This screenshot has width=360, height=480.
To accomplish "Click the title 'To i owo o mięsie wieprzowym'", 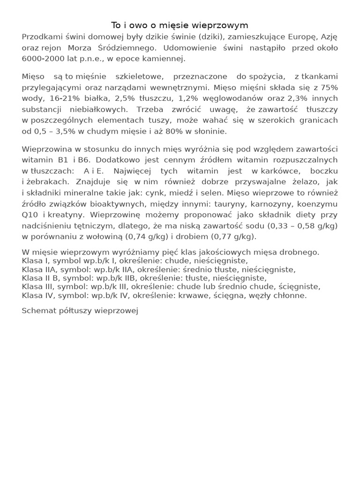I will point(180,25).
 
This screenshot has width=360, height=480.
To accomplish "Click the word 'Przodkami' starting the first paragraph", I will point(41,37).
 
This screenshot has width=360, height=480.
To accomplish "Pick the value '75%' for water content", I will point(329,88).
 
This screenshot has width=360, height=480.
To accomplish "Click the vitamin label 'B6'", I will point(84,160).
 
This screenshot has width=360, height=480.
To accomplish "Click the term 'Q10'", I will point(30,215).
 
